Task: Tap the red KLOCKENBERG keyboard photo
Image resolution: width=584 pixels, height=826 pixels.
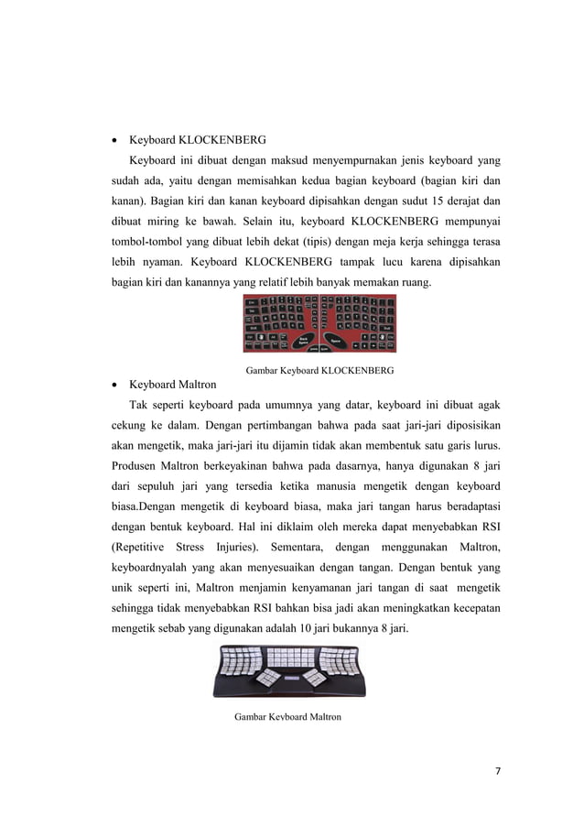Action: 319,323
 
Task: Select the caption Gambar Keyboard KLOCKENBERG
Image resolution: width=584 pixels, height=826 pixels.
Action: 320,371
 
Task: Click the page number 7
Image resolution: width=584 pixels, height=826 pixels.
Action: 498,769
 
